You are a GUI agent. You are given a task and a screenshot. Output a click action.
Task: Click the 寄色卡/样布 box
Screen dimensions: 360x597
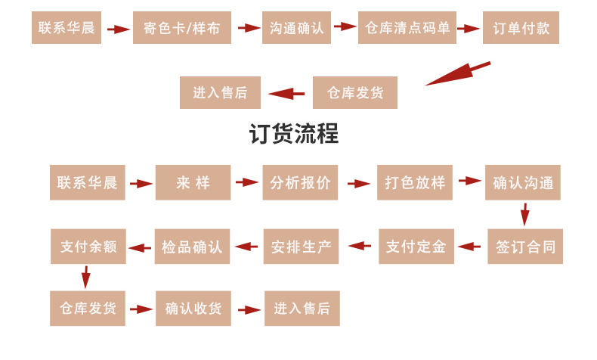[x=182, y=28]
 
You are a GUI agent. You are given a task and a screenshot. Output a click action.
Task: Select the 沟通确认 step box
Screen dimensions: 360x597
[x=297, y=28]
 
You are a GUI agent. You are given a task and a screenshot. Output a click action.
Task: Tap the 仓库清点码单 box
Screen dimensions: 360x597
[x=407, y=28]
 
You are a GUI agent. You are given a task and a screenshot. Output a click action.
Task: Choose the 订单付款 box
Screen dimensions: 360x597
[x=521, y=28]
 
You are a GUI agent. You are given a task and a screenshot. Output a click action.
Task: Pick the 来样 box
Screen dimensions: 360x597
[x=193, y=182]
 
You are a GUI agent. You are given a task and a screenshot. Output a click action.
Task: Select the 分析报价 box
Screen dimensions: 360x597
[x=300, y=182]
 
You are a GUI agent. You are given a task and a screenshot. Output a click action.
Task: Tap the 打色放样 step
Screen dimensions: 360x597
[x=415, y=182]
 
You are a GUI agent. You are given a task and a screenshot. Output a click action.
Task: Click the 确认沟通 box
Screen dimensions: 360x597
[x=523, y=182]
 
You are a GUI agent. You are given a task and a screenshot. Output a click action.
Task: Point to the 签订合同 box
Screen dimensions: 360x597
[x=524, y=246]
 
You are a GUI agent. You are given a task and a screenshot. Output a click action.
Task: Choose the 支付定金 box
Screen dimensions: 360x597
[x=416, y=246]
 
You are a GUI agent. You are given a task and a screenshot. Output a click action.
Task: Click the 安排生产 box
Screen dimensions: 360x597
[x=301, y=246]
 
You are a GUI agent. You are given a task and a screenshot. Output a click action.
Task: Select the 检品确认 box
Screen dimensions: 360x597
[x=192, y=246]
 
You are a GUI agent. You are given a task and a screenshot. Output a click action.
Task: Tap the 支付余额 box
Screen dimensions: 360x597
[x=88, y=246]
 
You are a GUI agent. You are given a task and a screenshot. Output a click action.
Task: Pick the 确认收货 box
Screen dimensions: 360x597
[x=193, y=308]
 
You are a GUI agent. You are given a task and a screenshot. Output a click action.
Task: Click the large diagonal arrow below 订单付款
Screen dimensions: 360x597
[x=457, y=74]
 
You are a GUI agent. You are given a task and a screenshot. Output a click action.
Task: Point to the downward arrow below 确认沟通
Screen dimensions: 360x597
[x=524, y=215]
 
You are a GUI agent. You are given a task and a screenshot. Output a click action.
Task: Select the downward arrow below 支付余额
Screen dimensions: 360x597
[x=86, y=277]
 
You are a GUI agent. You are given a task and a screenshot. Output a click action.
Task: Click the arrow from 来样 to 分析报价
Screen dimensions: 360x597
[x=247, y=182]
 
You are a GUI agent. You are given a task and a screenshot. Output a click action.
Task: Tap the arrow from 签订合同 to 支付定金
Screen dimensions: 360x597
[x=470, y=246]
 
